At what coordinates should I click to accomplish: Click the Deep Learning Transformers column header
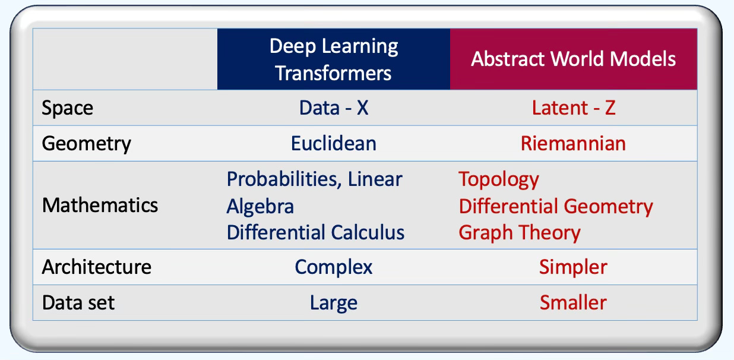333,59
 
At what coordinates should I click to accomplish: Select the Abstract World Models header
573,59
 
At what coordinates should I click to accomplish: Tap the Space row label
67,108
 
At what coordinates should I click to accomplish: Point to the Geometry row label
86,144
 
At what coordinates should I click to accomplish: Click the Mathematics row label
100,205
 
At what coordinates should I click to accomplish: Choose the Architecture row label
96,267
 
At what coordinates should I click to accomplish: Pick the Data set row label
78,302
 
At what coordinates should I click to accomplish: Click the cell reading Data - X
333,108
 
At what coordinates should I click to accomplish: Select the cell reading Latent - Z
573,108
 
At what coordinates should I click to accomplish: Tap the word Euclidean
333,144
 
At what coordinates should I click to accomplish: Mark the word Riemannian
573,144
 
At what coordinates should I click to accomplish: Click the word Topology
499,179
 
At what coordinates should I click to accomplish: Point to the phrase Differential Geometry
555,206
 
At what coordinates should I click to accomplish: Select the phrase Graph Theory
519,232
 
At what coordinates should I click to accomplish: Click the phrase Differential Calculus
315,232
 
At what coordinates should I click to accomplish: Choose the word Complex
333,267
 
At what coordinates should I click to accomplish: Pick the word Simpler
573,267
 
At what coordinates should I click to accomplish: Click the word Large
333,303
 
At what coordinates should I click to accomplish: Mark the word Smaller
573,303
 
